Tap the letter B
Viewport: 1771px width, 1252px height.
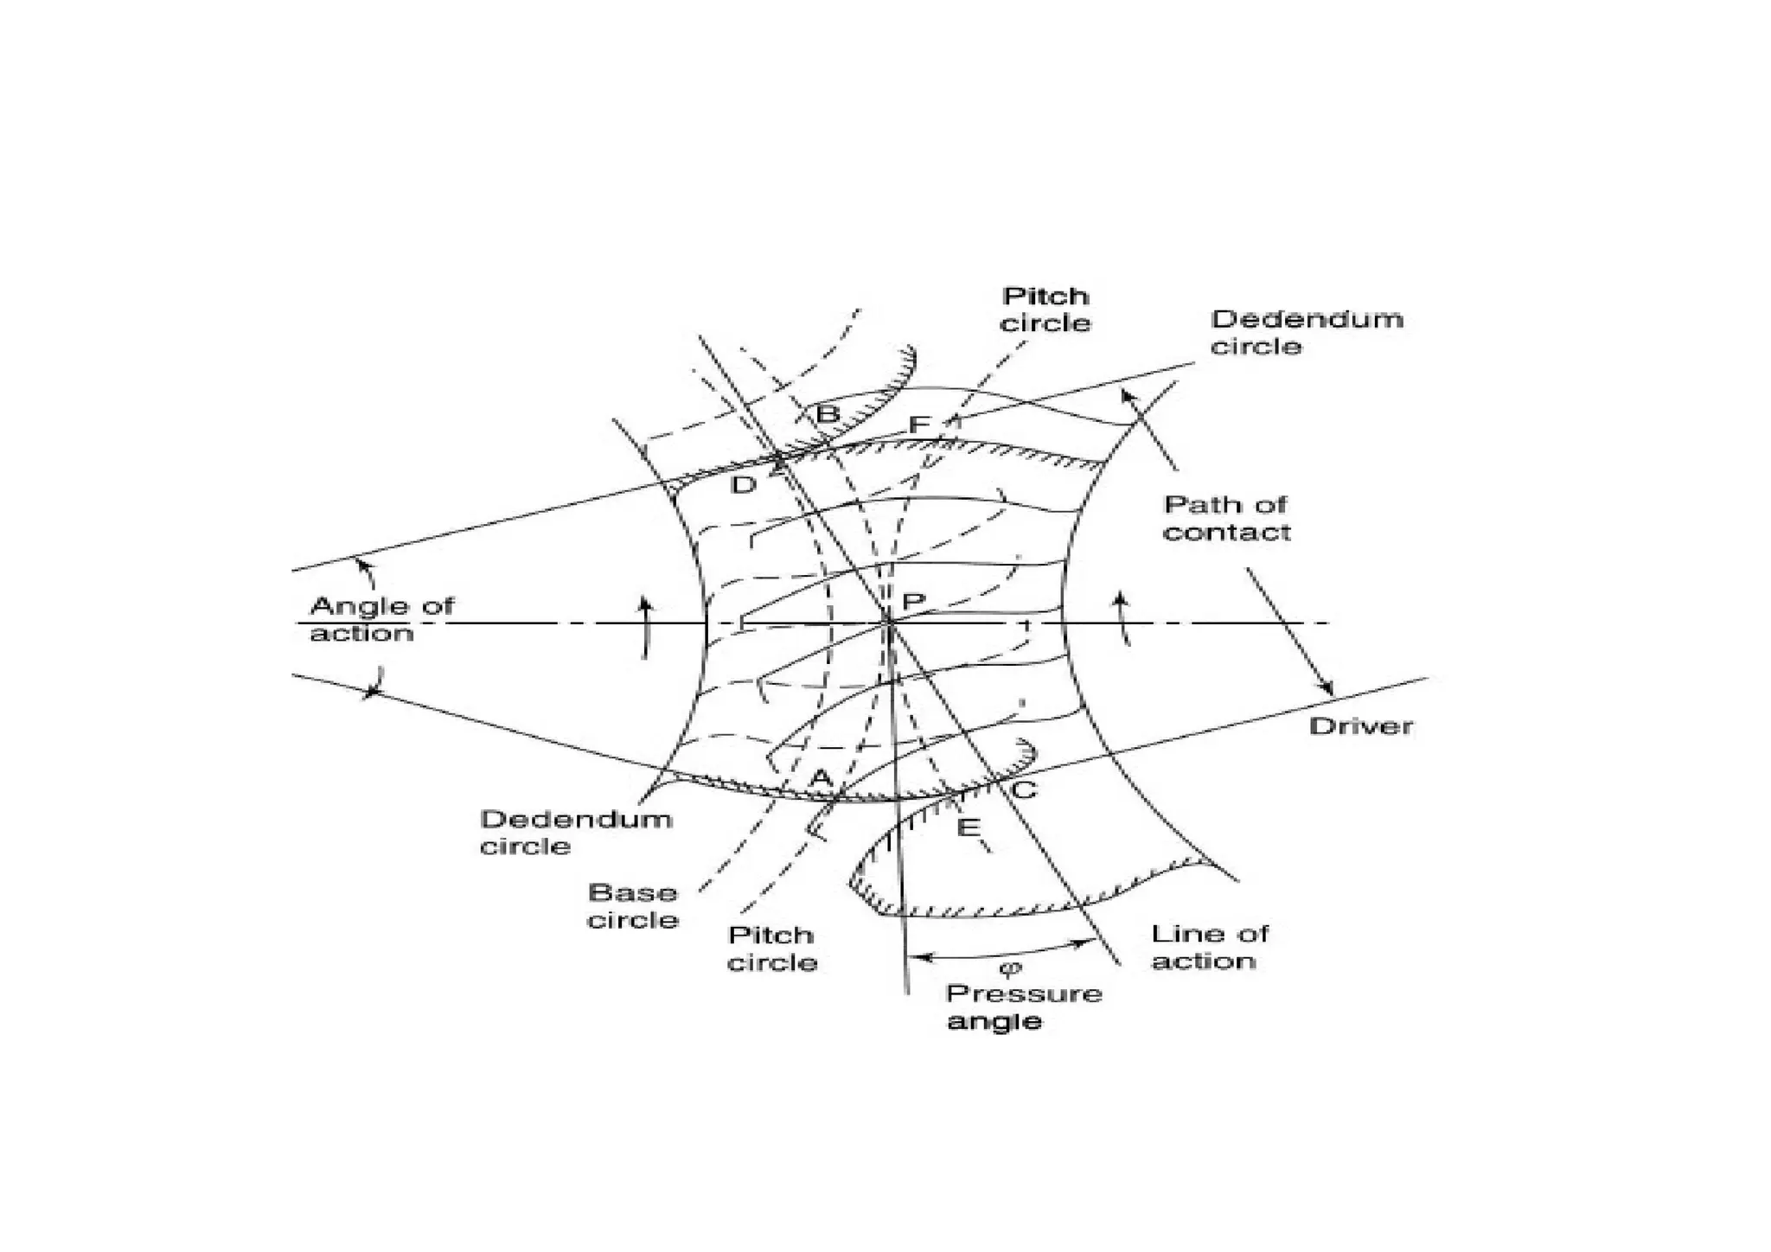(x=828, y=414)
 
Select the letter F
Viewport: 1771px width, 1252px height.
(x=919, y=425)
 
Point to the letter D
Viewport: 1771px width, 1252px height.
(x=743, y=485)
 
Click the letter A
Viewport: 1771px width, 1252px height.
(x=820, y=778)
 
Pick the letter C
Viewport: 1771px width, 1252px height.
(x=1024, y=789)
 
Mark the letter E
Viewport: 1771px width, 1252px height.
(x=968, y=828)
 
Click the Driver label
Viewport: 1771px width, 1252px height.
(x=1360, y=725)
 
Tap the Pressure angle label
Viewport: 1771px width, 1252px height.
(x=1024, y=1006)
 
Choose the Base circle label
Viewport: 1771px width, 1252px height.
(x=632, y=905)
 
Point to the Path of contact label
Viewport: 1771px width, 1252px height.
(x=1225, y=518)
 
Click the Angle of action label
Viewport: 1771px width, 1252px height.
(x=381, y=619)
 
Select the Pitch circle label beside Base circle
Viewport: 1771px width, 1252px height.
(x=772, y=949)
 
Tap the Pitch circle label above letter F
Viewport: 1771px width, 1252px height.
(x=1045, y=310)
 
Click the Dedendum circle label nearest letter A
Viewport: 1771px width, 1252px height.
(x=576, y=832)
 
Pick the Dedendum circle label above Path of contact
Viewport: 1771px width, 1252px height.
(x=1306, y=332)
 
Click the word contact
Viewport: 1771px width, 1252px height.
(x=1225, y=532)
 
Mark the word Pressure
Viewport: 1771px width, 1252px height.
(x=1024, y=993)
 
